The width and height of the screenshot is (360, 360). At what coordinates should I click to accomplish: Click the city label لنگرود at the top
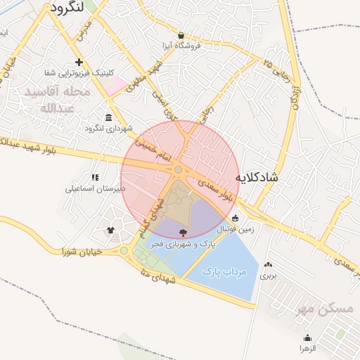pyautogui.click(x=67, y=8)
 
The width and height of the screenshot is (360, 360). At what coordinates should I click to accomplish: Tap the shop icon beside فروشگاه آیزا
pyautogui.click(x=181, y=35)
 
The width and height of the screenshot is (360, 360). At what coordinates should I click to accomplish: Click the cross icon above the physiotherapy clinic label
pyautogui.click(x=79, y=63)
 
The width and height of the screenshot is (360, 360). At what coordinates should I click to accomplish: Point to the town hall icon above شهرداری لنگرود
pyautogui.click(x=108, y=117)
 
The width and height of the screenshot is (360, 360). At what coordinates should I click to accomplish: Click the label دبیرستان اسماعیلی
pyautogui.click(x=95, y=188)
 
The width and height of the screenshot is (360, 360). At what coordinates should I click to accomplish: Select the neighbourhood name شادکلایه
pyautogui.click(x=256, y=177)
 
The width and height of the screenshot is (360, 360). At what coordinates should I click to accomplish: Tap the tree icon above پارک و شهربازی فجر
pyautogui.click(x=184, y=232)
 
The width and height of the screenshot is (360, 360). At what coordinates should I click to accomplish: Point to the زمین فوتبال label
pyautogui.click(x=237, y=229)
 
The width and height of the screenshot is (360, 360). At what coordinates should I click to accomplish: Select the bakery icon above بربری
pyautogui.click(x=267, y=264)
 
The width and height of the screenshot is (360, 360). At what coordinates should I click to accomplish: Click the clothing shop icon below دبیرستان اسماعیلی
pyautogui.click(x=110, y=230)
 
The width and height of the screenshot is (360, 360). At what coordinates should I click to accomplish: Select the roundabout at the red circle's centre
pyautogui.click(x=179, y=169)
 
